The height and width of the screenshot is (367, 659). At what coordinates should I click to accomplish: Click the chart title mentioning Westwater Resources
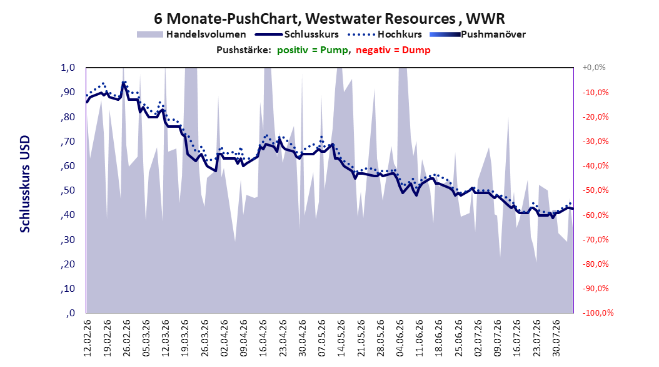tap(329, 19)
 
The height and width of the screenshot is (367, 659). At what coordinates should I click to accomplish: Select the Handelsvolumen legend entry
tap(191, 34)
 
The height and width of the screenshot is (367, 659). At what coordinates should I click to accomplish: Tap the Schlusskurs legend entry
tap(297, 34)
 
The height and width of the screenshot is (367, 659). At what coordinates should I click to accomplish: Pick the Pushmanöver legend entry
tap(478, 34)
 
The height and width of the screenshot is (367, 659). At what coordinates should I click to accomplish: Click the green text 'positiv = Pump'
tap(312, 50)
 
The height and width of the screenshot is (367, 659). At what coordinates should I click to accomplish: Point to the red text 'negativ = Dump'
tap(393, 50)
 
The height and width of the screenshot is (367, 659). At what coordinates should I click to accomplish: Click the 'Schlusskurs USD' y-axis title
tap(25, 184)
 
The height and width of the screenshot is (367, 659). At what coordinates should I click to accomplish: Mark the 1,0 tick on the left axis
tap(68, 68)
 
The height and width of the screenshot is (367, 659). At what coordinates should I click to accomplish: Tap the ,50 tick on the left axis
tap(68, 190)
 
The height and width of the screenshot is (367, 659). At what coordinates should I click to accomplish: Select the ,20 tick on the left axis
tap(68, 264)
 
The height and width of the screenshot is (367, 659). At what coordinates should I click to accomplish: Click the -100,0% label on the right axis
tap(598, 313)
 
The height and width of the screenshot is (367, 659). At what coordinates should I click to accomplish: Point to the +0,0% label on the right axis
tap(594, 68)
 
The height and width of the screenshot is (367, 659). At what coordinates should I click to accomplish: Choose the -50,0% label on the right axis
tap(595, 190)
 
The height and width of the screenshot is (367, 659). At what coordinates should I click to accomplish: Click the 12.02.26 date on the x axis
tap(88, 338)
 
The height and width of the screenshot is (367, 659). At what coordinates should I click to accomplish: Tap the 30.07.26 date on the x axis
tap(556, 338)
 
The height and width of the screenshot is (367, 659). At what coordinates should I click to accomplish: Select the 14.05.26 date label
tap(341, 338)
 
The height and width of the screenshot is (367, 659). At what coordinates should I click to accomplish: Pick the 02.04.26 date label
tap(224, 338)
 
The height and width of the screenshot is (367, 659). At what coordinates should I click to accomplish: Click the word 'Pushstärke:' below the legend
tap(244, 50)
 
